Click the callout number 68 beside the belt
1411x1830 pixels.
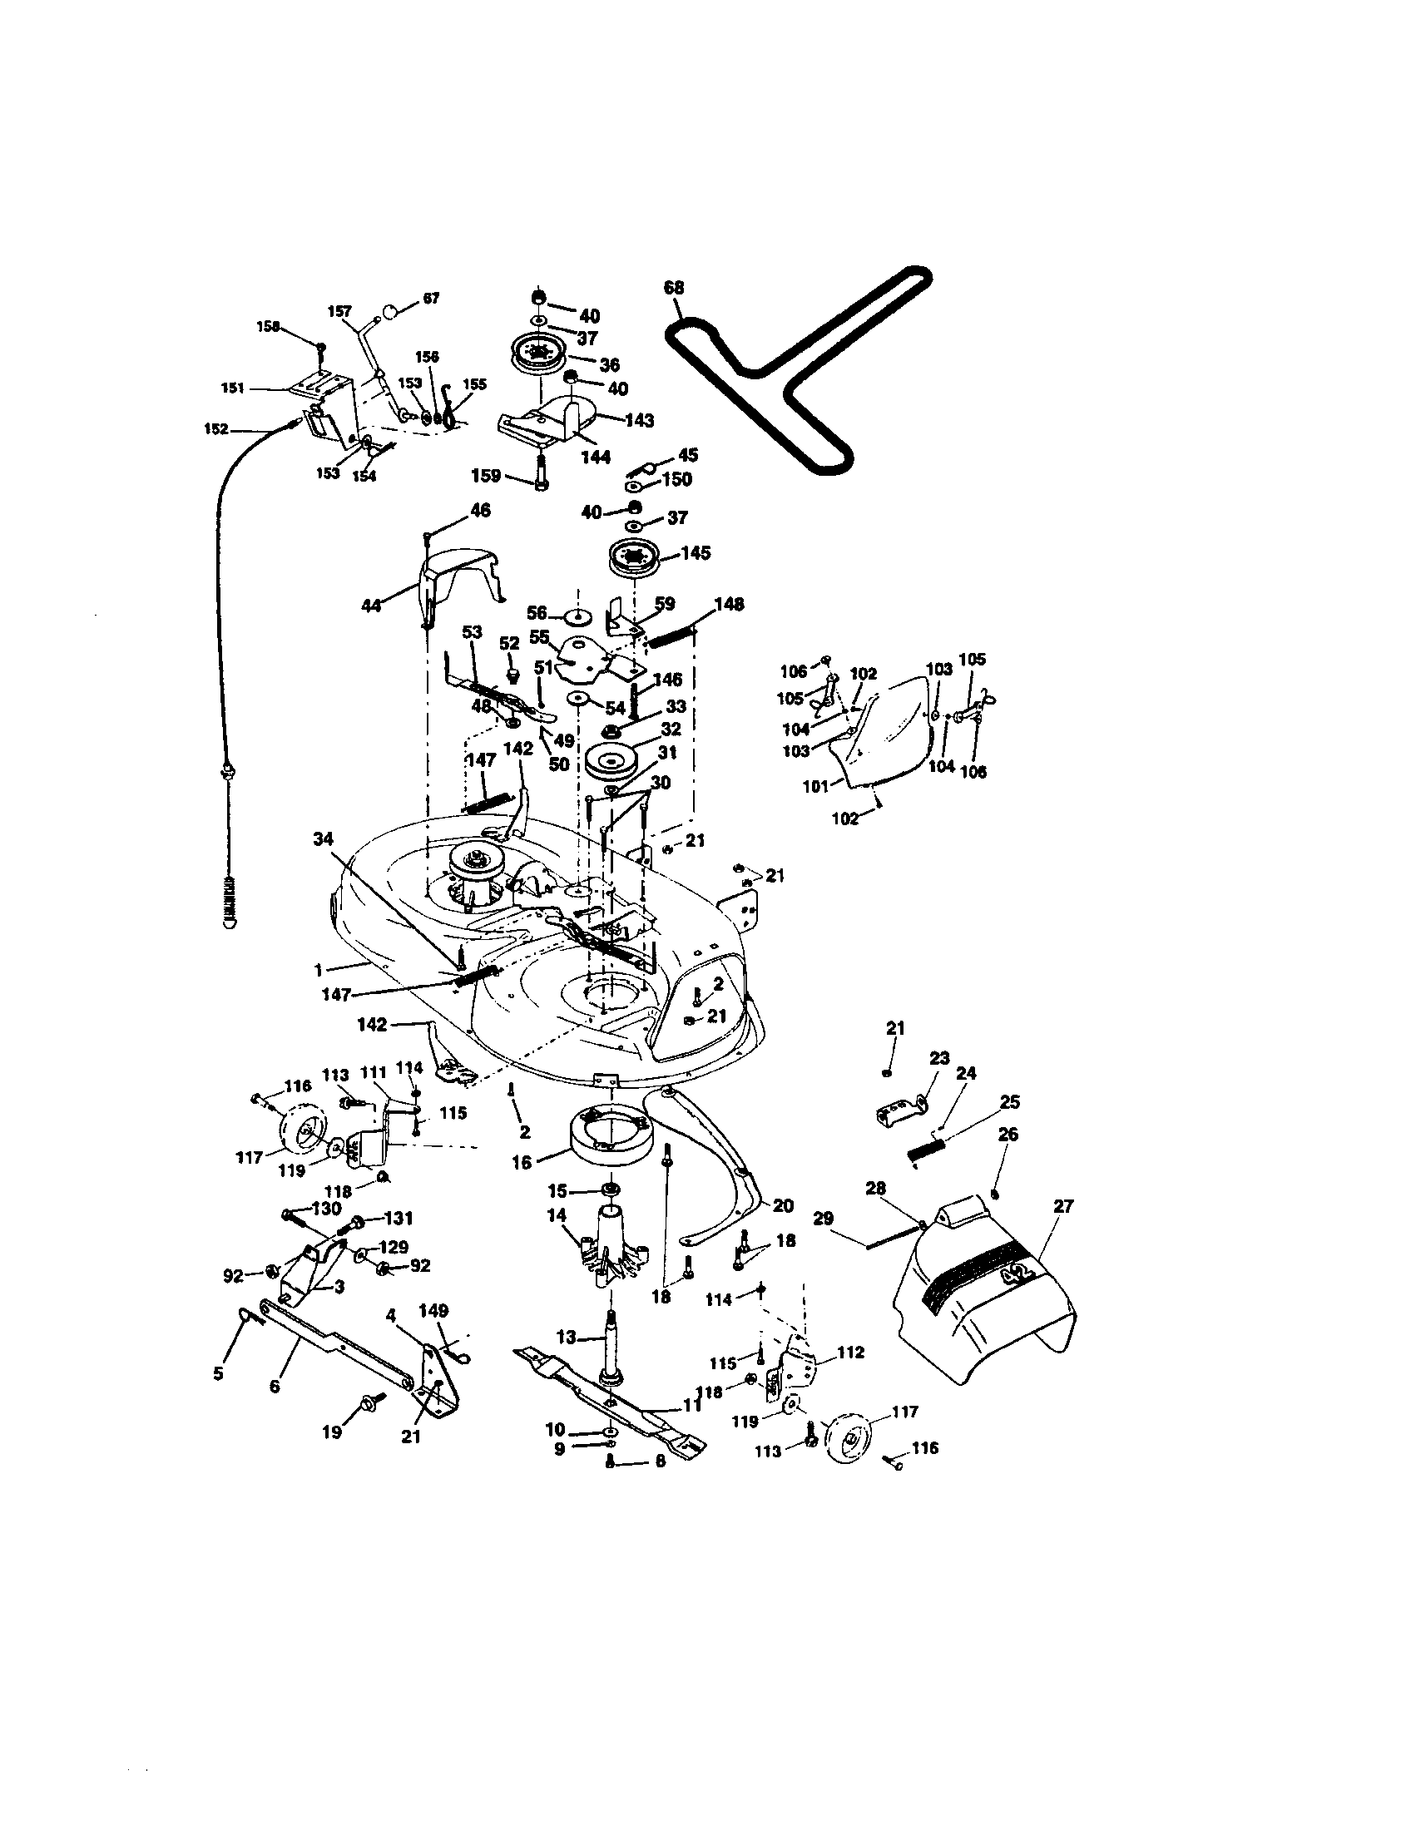(x=674, y=289)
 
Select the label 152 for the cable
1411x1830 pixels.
(x=216, y=428)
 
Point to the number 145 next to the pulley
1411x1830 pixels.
(x=696, y=553)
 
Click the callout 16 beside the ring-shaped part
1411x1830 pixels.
(x=522, y=1163)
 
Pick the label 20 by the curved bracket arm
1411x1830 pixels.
(x=783, y=1205)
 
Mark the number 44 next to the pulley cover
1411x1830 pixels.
(x=370, y=604)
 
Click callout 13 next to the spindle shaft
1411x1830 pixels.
(x=567, y=1338)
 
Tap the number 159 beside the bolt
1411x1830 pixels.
(x=487, y=476)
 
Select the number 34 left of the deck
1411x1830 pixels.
(x=324, y=838)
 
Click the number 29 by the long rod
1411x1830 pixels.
(x=824, y=1219)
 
